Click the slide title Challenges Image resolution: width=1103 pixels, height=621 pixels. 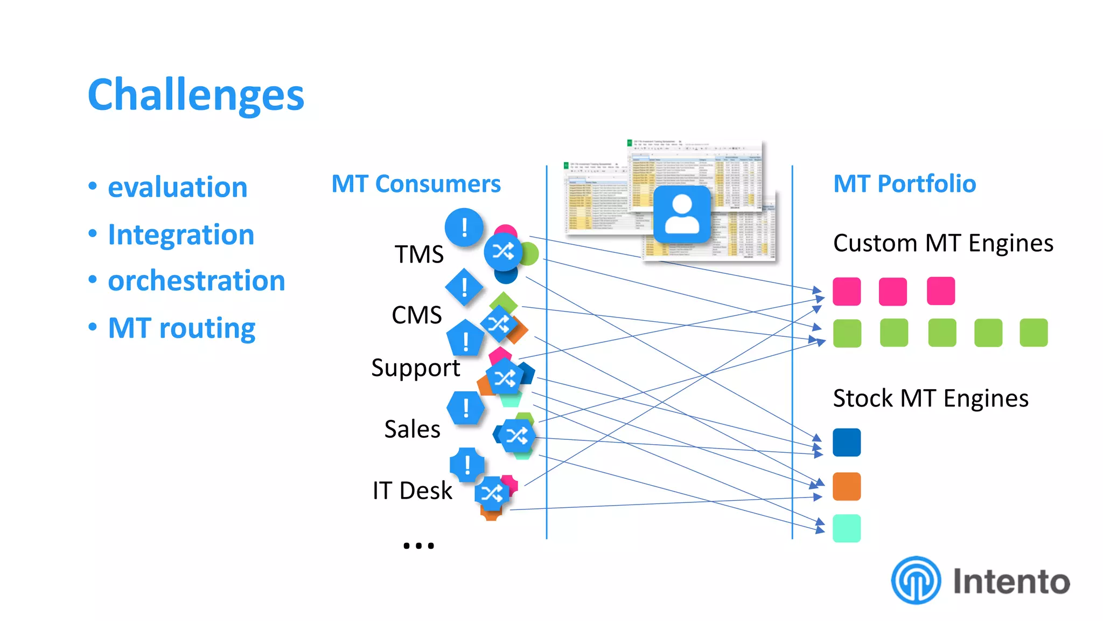196,95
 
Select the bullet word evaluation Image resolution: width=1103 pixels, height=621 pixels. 177,187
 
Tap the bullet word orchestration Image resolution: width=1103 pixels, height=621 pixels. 196,281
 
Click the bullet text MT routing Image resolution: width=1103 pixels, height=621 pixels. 181,328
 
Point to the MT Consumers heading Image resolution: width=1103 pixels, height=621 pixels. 416,184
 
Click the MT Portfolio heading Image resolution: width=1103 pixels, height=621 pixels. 904,184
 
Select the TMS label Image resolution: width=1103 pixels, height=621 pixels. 419,254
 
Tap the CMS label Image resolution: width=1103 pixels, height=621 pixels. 417,315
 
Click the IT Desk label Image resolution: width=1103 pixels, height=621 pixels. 413,491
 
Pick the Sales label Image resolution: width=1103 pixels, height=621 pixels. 413,429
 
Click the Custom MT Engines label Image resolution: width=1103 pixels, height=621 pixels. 943,243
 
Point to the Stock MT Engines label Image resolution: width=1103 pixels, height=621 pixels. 931,398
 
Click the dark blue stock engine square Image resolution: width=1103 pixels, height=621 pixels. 847,443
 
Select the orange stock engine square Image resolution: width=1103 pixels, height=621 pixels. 847,486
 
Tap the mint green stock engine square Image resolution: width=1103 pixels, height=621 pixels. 847,528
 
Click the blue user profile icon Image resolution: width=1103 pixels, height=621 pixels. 682,214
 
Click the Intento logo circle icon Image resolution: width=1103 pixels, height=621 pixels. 916,581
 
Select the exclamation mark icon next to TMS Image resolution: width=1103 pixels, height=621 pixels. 464,227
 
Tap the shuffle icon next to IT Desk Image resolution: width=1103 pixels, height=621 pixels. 492,493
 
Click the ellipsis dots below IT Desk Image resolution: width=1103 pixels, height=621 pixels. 418,546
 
